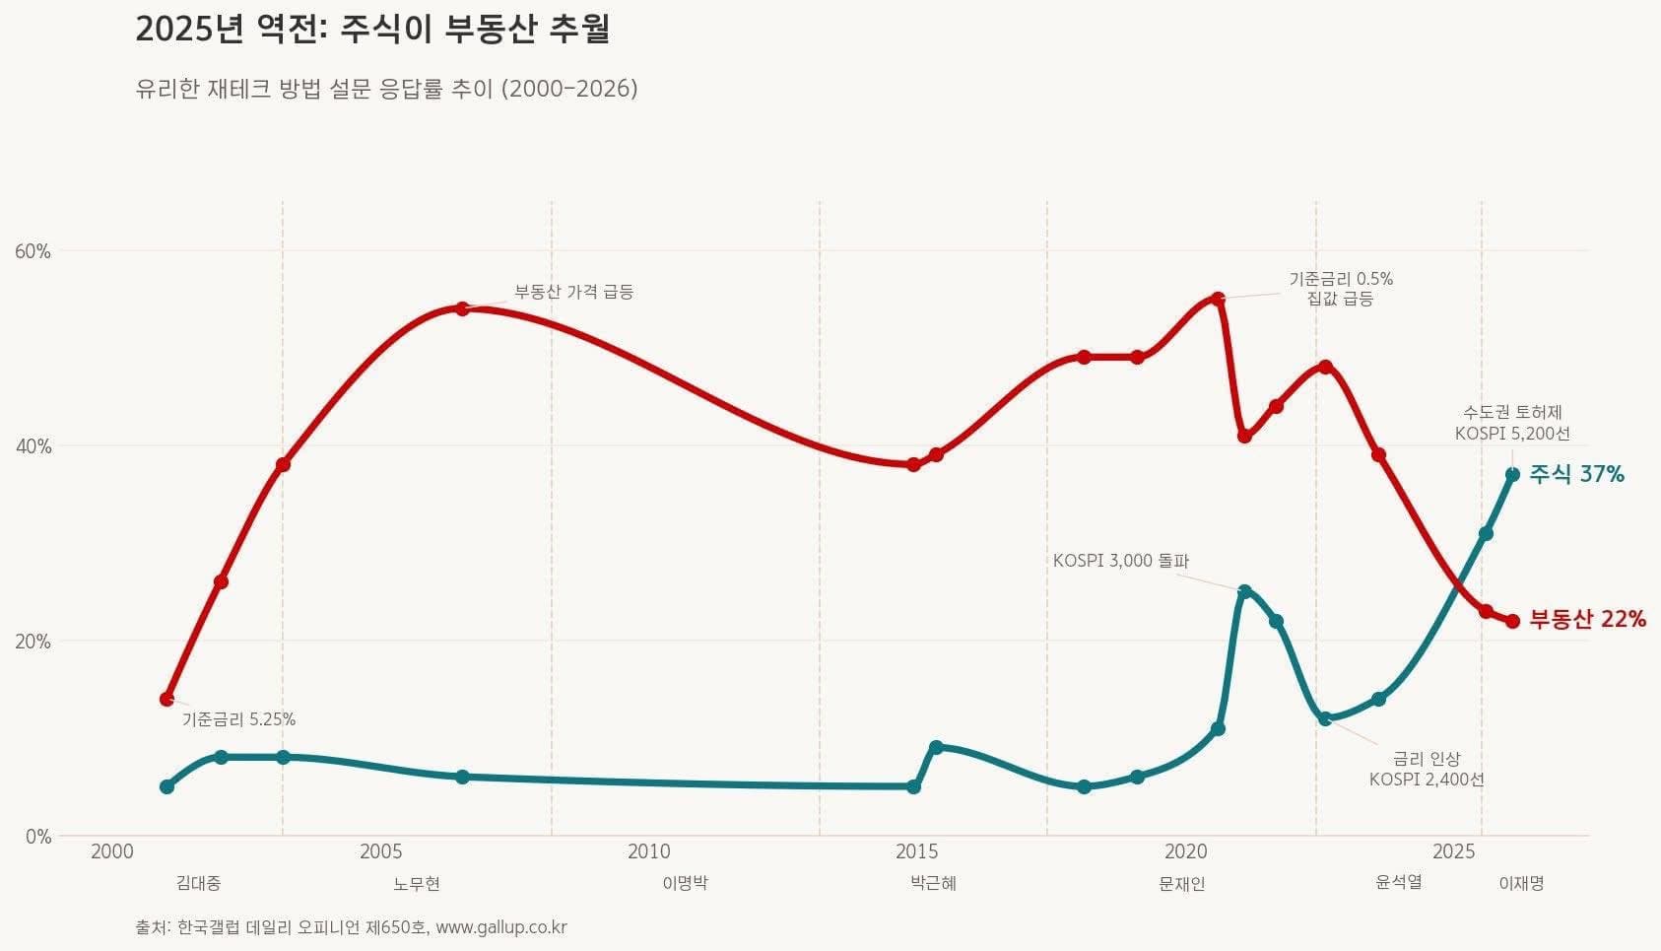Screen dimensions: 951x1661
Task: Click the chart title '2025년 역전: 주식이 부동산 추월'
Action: [x=372, y=30]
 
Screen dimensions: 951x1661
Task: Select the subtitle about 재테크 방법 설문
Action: [x=386, y=89]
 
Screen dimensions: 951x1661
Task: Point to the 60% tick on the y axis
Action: [x=33, y=251]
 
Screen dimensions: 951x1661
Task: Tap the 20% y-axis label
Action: [x=33, y=642]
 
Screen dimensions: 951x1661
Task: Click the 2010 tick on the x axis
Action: [x=648, y=851]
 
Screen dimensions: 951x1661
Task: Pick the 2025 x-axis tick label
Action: [x=1453, y=851]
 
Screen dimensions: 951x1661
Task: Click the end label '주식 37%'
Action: [x=1576, y=475]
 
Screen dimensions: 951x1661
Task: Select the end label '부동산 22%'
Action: [x=1587, y=620]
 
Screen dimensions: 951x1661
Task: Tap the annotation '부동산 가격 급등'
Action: [x=573, y=293]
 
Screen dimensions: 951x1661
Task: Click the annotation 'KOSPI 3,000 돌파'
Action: [x=1120, y=561]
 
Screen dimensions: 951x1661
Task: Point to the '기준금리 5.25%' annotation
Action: [x=238, y=719]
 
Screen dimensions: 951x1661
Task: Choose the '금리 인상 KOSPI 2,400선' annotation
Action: [x=1426, y=769]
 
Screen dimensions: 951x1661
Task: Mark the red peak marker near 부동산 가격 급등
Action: [x=462, y=308]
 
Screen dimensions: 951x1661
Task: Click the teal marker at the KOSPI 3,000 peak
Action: [x=1244, y=591]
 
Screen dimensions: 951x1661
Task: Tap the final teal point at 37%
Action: [x=1512, y=474]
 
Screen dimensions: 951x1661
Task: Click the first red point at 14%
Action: [x=166, y=699]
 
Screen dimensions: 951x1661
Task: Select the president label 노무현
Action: [x=416, y=884]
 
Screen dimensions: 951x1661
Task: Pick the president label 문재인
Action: [x=1181, y=884]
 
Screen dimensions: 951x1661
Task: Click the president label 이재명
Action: [x=1520, y=884]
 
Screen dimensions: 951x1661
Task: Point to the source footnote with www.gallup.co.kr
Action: [x=351, y=927]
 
